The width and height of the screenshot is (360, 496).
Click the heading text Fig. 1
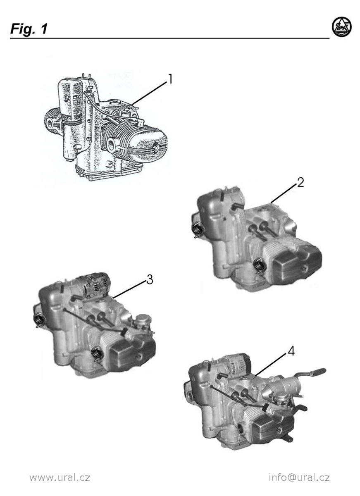pos(29,29)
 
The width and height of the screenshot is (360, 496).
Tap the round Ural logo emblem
pos(342,27)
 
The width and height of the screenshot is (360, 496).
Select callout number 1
pos(170,79)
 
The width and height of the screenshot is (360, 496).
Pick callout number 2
pos(300,182)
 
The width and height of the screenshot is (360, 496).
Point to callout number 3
pos(150,280)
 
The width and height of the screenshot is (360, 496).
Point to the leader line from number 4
pos(271,365)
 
